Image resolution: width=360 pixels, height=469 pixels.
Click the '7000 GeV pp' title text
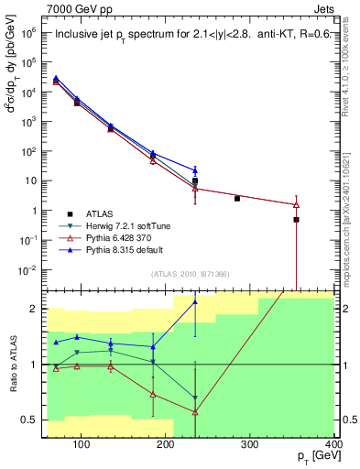pos(76,7)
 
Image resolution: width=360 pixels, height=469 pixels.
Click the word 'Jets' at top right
pos(323,7)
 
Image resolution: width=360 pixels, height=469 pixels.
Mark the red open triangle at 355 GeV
pos(296,204)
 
